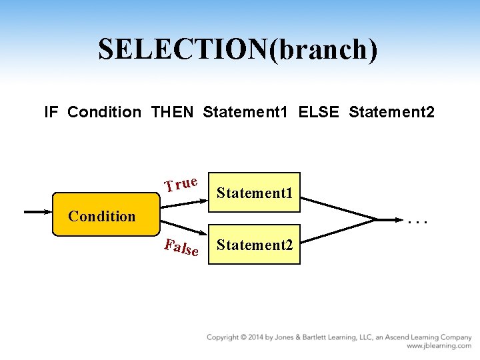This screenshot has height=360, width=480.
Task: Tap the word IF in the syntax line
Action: point(51,112)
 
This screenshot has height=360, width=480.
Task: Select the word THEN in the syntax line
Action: point(173,112)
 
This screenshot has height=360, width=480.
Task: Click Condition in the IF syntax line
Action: point(104,112)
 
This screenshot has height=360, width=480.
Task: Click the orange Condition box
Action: point(103,215)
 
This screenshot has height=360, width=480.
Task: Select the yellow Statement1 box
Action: point(255,193)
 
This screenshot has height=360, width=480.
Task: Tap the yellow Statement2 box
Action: point(255,245)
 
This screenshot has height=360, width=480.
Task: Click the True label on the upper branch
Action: point(181,183)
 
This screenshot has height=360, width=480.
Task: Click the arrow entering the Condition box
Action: point(38,213)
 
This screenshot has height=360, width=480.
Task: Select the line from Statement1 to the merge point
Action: point(340,204)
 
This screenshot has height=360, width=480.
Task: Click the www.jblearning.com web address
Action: point(439,346)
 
